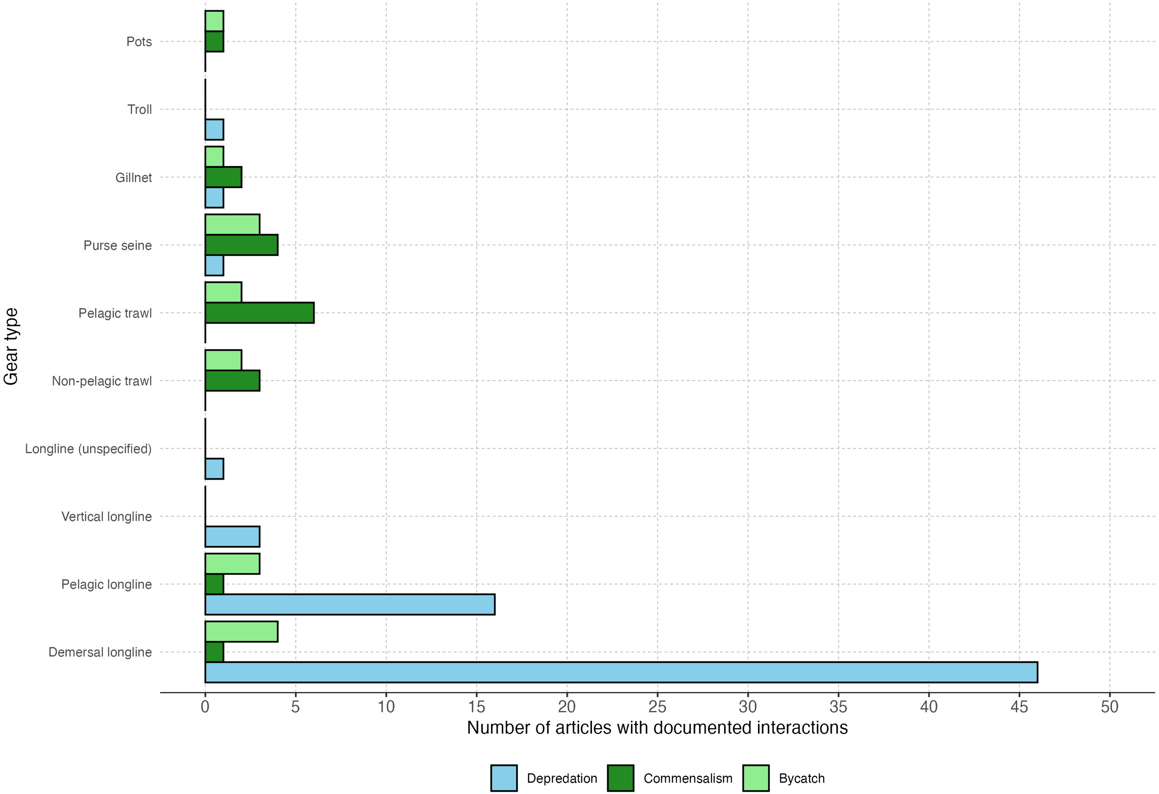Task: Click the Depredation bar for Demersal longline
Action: (x=621, y=672)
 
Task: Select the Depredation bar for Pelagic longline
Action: (x=350, y=604)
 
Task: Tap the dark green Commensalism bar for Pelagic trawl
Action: (x=259, y=313)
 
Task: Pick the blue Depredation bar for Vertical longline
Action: (x=232, y=537)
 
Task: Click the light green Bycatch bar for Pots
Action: (x=214, y=21)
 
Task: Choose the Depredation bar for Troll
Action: (x=214, y=130)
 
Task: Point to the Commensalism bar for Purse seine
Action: (x=242, y=245)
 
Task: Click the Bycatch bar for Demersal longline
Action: (x=242, y=631)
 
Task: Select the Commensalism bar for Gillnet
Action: (x=223, y=177)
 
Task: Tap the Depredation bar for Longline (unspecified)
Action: (x=214, y=469)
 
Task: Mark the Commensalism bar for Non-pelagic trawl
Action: (x=232, y=381)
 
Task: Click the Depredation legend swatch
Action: (x=503, y=778)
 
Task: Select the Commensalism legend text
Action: (x=688, y=779)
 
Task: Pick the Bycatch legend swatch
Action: (x=756, y=778)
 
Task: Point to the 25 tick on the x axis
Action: (x=657, y=707)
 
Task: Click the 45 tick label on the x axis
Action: (x=1019, y=707)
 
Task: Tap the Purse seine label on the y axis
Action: (x=117, y=245)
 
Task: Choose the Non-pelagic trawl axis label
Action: (x=102, y=381)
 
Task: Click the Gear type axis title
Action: (x=11, y=347)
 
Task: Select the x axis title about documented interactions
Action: (x=657, y=728)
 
